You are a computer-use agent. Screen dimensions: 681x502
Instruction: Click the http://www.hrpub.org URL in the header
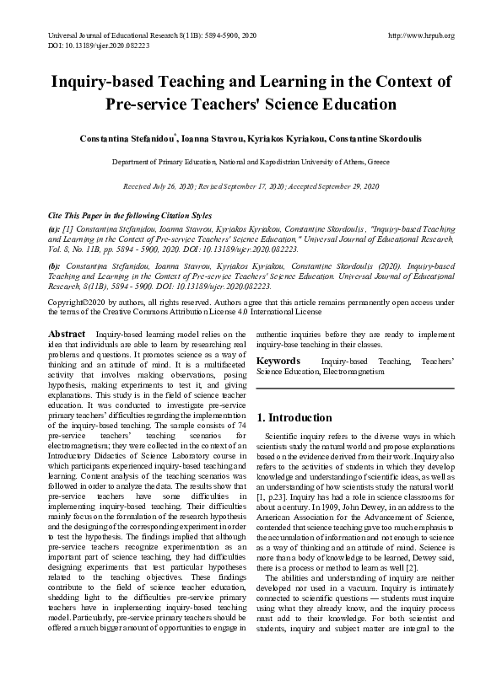[x=420, y=35]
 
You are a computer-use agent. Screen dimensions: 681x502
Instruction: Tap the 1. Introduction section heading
[x=294, y=417]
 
